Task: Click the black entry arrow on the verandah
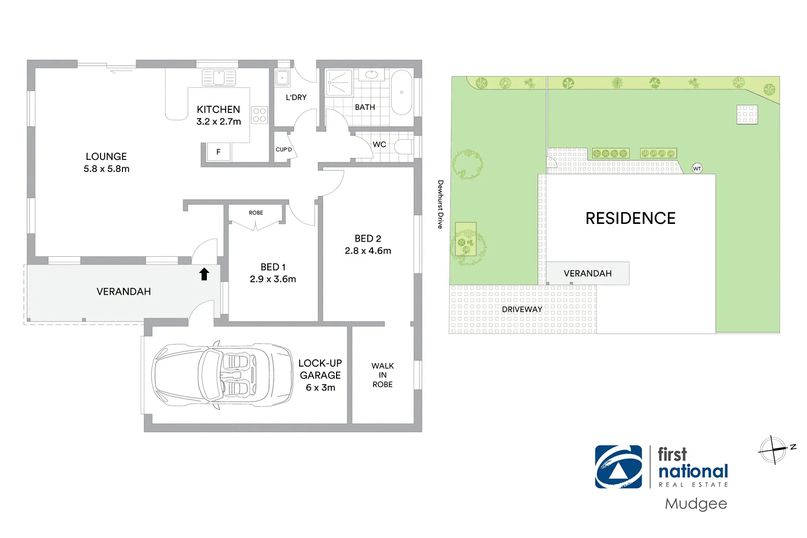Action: pos(204,274)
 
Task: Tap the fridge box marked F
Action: pos(218,152)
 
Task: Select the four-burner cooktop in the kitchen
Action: pos(259,115)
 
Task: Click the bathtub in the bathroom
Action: pos(401,92)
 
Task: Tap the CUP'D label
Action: pos(283,149)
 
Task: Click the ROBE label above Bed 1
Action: pos(256,212)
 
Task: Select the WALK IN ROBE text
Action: pos(382,375)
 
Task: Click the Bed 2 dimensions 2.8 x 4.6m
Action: pos(368,251)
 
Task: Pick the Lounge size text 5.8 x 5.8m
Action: pos(106,169)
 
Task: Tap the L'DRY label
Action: pos(296,97)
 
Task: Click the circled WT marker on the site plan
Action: pos(697,168)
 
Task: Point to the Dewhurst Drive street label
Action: pos(440,204)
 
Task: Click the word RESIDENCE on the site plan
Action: pos(630,218)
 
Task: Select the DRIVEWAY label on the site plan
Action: pos(522,309)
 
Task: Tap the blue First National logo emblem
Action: pos(619,467)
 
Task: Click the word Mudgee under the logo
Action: pos(696,504)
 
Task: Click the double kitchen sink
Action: pos(219,78)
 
